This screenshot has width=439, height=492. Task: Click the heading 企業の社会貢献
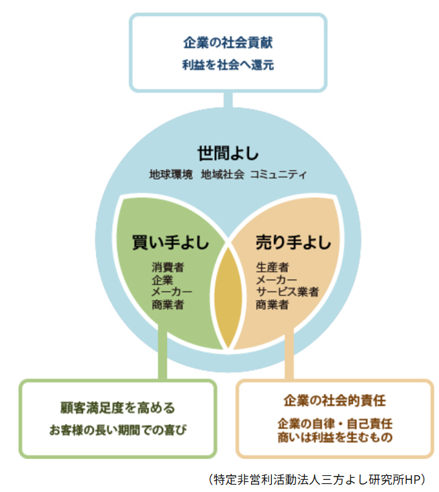coord(228,42)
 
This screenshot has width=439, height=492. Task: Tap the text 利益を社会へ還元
coord(228,66)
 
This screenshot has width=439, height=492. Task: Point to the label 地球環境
coord(170,175)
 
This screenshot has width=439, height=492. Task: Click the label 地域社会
coord(222,175)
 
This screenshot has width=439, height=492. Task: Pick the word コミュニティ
coord(278,175)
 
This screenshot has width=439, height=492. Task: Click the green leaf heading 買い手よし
coord(170,242)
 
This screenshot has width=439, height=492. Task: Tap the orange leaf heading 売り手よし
coord(293,242)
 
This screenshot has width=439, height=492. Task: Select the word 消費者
coord(168,267)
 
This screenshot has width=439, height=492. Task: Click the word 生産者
coord(272,267)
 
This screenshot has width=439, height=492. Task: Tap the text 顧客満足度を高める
coord(117,407)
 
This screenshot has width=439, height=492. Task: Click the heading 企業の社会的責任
coord(334,401)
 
